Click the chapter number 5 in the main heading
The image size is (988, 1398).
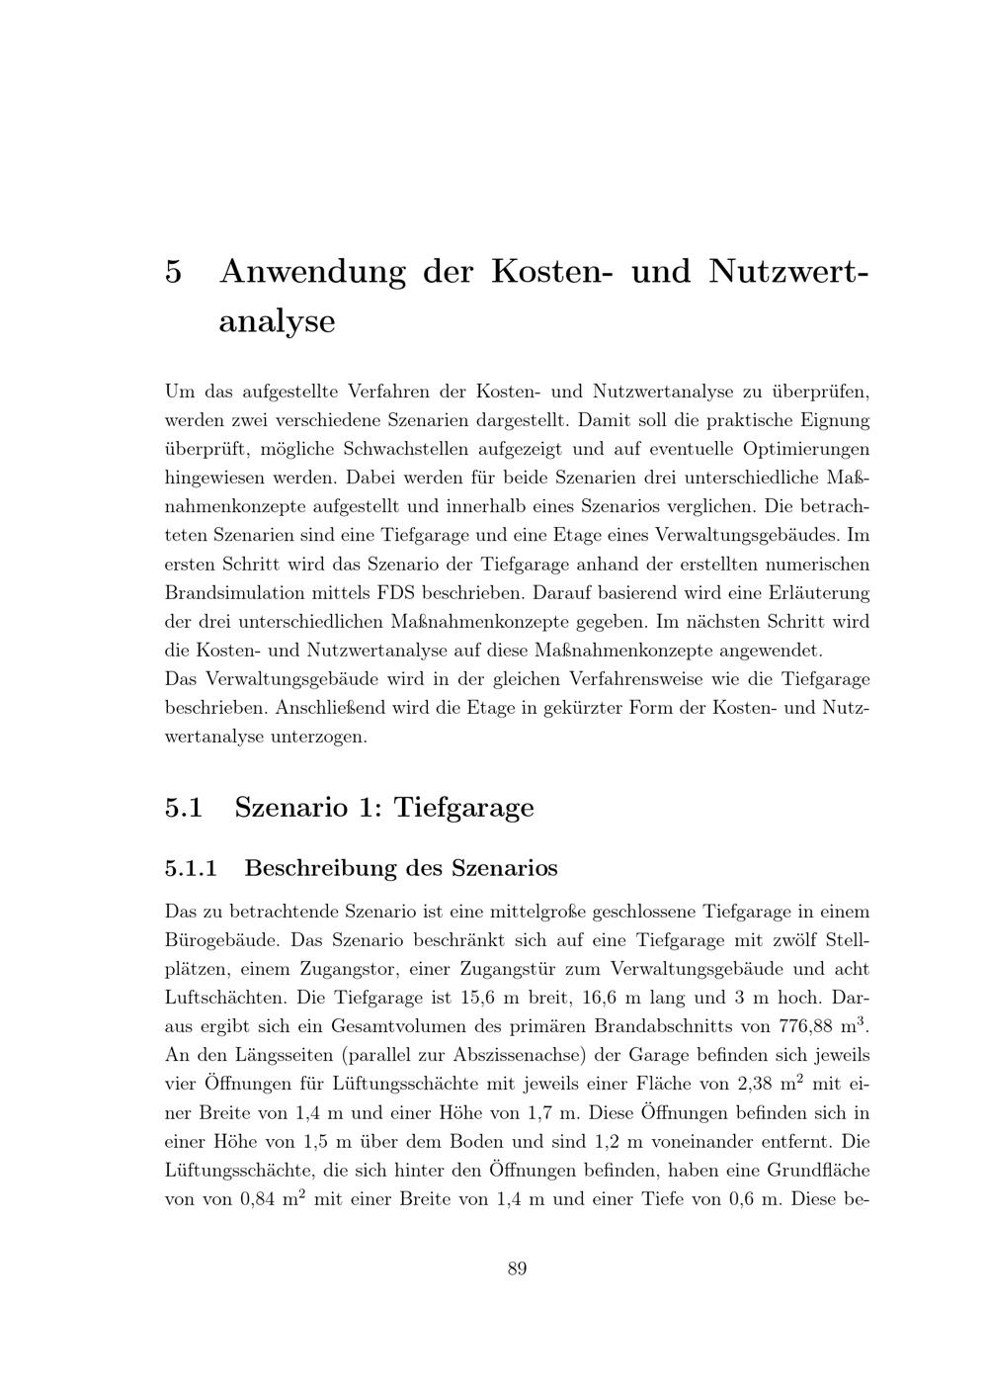[x=174, y=271]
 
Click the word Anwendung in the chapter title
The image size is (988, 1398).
[x=312, y=271]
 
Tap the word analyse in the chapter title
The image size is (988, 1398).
[x=277, y=322]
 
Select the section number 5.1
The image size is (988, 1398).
[x=184, y=808]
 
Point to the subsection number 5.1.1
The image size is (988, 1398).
[x=191, y=868]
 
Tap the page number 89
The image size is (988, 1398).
[x=517, y=1268]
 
